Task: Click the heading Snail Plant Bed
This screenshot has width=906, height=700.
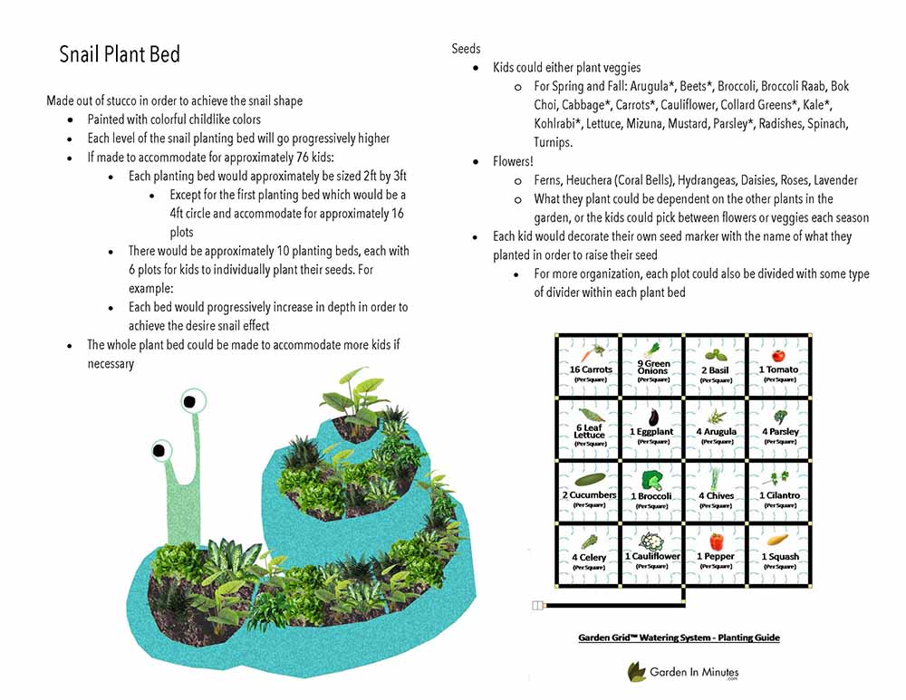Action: (x=120, y=54)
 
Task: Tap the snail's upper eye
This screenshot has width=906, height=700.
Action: (x=191, y=399)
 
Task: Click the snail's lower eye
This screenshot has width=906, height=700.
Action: (x=161, y=449)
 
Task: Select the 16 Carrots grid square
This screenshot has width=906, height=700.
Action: (x=591, y=365)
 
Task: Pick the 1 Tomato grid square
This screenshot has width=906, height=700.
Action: (x=778, y=365)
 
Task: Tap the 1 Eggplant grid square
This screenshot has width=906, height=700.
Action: (x=651, y=427)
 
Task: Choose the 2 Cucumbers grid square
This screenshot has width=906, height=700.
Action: (x=590, y=490)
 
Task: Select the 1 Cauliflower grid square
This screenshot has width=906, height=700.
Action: (x=651, y=552)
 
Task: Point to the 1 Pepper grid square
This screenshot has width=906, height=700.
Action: (x=716, y=552)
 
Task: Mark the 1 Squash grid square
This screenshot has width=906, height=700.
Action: (x=779, y=552)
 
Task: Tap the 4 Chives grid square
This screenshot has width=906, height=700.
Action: (x=716, y=490)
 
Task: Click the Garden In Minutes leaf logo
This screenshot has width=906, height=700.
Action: (x=637, y=671)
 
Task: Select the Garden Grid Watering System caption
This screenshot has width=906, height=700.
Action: (x=679, y=638)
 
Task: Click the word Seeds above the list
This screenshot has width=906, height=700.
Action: (x=467, y=48)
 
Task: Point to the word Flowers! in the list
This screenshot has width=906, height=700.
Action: (x=514, y=161)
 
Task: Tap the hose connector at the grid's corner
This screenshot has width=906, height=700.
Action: (x=537, y=605)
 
